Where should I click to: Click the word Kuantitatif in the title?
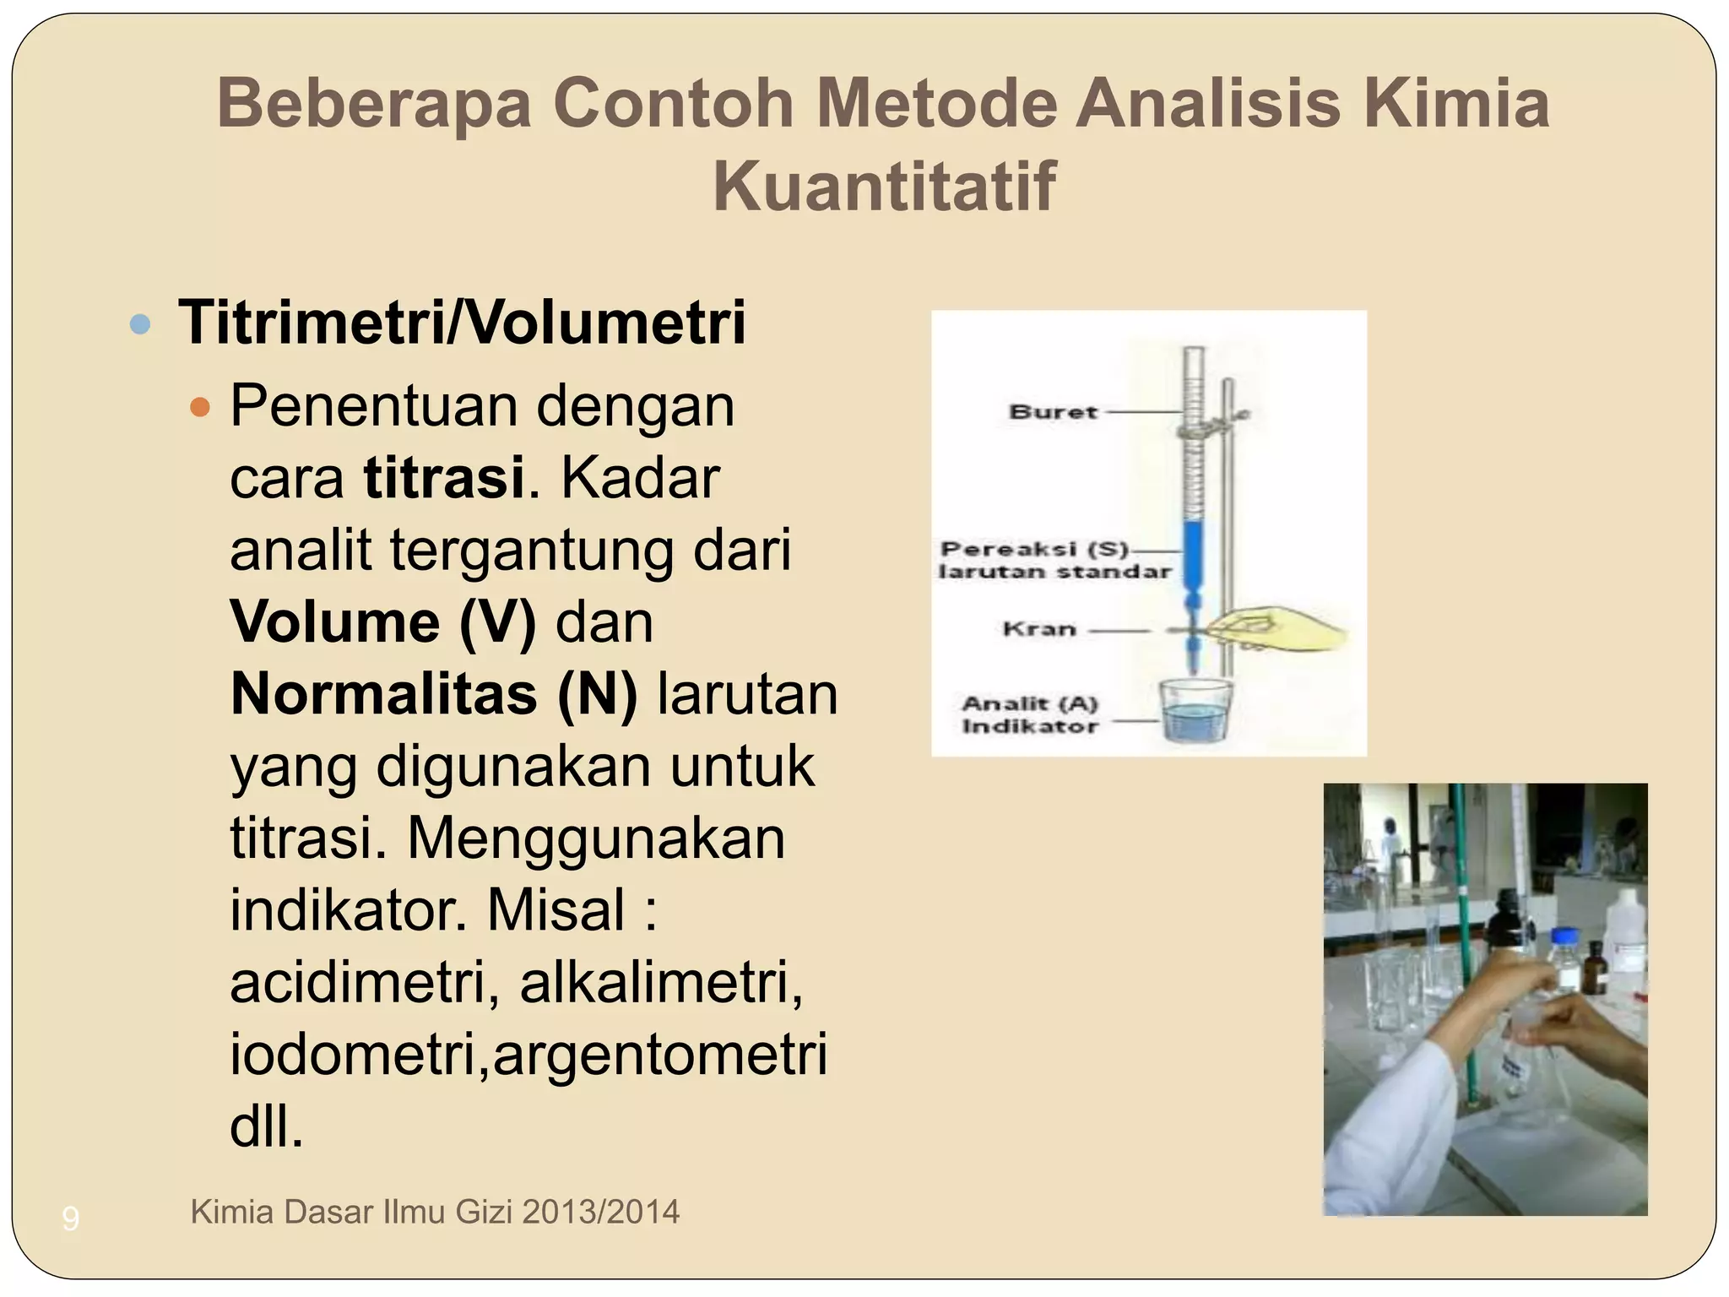pyautogui.click(x=883, y=187)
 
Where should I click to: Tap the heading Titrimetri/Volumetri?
pyautogui.click(x=463, y=323)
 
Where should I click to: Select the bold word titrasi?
pyautogui.click(x=444, y=478)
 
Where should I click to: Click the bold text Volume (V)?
pyautogui.click(x=382, y=622)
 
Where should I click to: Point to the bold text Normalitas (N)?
pyautogui.click(x=433, y=694)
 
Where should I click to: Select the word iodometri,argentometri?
pyautogui.click(x=528, y=1055)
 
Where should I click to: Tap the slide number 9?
pyautogui.click(x=71, y=1218)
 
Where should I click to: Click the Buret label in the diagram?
pyautogui.click(x=1053, y=412)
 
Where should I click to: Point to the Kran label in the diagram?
pyautogui.click(x=1038, y=629)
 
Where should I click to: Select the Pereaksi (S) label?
pyautogui.click(x=1034, y=550)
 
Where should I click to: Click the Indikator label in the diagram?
pyautogui.click(x=1030, y=726)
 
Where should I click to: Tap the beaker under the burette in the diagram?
pyautogui.click(x=1195, y=712)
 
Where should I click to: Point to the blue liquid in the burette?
pyautogui.click(x=1192, y=553)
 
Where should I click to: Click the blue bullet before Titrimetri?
pyautogui.click(x=140, y=323)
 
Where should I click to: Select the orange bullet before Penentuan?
pyautogui.click(x=200, y=408)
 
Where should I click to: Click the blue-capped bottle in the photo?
pyautogui.click(x=1566, y=954)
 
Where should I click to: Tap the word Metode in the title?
pyautogui.click(x=935, y=103)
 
